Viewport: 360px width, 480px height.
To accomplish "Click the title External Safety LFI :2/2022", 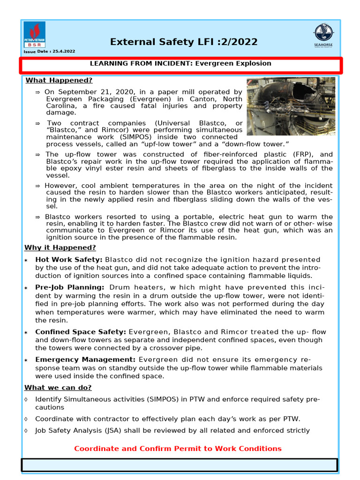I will [x=184, y=42].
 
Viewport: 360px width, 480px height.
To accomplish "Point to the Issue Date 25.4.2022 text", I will [x=49, y=51].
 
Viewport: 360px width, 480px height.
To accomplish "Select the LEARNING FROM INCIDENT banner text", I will [x=180, y=63].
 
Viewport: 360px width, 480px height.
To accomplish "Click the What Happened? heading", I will [x=59, y=80].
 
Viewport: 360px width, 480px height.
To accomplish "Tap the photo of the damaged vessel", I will [x=291, y=106].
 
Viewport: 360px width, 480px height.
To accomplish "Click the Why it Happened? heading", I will [x=60, y=247].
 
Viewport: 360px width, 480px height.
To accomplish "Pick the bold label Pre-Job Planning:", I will [x=70, y=287].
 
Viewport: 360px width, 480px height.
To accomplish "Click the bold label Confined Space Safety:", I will [x=81, y=332].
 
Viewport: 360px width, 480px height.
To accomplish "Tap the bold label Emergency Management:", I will [x=85, y=360].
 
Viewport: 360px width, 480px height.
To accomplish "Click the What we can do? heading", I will [x=58, y=387].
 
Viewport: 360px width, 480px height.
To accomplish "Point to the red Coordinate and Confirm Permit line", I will [x=178, y=449].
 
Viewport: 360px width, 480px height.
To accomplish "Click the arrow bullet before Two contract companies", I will [x=38, y=123].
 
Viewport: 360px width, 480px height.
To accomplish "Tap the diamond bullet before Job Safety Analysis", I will [x=26, y=430].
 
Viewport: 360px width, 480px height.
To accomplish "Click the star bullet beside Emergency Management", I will [x=26, y=360].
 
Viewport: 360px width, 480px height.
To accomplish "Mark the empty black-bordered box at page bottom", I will [x=180, y=465].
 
